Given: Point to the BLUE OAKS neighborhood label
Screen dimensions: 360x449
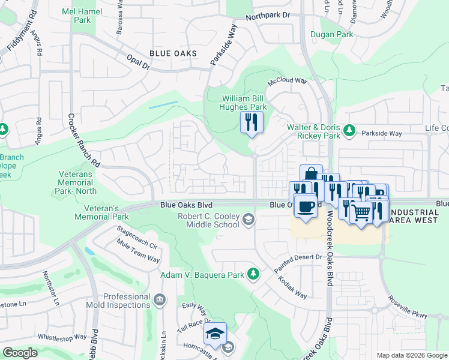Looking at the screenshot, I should (x=173, y=53).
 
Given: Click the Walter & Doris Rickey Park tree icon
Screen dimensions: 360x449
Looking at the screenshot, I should (x=348, y=130).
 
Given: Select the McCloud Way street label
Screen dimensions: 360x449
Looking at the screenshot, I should (x=288, y=80).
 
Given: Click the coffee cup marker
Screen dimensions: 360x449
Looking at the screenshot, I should (x=306, y=206).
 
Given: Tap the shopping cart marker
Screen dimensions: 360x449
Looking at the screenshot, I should (x=361, y=212).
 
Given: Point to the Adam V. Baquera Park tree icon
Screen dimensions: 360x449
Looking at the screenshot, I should (x=253, y=274).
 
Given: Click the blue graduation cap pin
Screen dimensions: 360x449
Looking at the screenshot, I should (x=214, y=334).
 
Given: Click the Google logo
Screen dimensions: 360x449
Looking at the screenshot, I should (x=20, y=353).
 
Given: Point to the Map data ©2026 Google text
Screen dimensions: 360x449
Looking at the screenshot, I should (x=412, y=355).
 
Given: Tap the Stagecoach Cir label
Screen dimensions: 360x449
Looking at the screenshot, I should (x=137, y=238).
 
